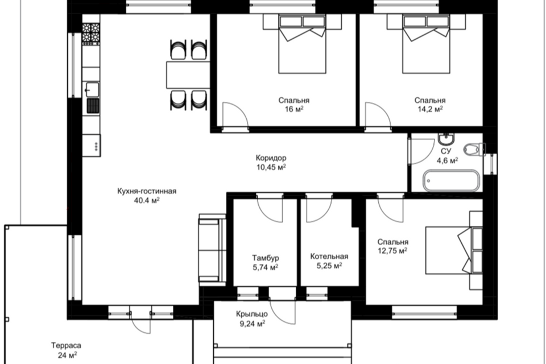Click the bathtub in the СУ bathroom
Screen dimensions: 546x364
(451, 180)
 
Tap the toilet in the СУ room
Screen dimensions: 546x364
(474, 150)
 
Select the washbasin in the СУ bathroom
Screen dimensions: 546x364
(446, 139)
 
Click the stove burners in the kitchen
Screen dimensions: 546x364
(91, 33)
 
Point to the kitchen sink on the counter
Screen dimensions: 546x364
(91, 89)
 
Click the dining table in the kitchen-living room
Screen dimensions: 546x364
(188, 75)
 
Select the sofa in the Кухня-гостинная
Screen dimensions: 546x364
(212, 250)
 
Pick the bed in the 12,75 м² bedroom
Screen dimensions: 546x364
(454, 250)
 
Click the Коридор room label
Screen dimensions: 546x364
(271, 158)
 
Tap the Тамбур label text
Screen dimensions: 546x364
(266, 258)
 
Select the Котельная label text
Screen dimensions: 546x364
(329, 257)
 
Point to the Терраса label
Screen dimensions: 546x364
(66, 346)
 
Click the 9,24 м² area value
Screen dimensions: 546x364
(253, 324)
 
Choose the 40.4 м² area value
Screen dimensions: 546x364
(147, 200)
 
